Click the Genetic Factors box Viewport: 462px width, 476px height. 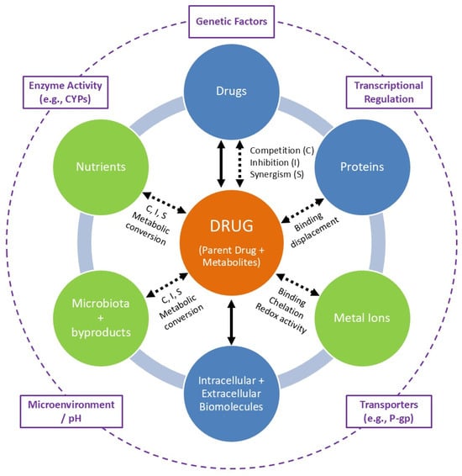[231, 22]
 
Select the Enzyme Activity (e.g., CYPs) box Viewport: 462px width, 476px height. [66, 93]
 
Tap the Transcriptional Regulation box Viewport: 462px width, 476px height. [389, 93]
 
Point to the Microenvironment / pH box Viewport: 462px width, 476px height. [71, 411]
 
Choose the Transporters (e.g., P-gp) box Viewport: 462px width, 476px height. [389, 411]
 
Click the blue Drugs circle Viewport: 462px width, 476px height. [231, 92]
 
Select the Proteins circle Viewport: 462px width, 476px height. [362, 167]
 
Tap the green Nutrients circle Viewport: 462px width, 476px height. [101, 167]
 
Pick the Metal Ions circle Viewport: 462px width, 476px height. [362, 318]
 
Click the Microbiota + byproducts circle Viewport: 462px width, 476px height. [101, 318]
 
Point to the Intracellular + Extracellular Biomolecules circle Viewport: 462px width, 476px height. [231, 394]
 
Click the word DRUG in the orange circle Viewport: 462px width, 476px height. [231, 226]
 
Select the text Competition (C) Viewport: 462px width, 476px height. [282, 151]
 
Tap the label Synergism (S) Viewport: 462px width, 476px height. [276, 175]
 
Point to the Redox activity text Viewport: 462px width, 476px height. [281, 318]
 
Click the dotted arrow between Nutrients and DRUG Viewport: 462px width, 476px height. [165, 203]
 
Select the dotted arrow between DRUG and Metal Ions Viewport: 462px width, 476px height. [297, 285]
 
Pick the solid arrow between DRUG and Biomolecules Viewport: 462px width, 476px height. [231, 322]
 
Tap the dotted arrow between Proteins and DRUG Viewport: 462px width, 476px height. [302, 211]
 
